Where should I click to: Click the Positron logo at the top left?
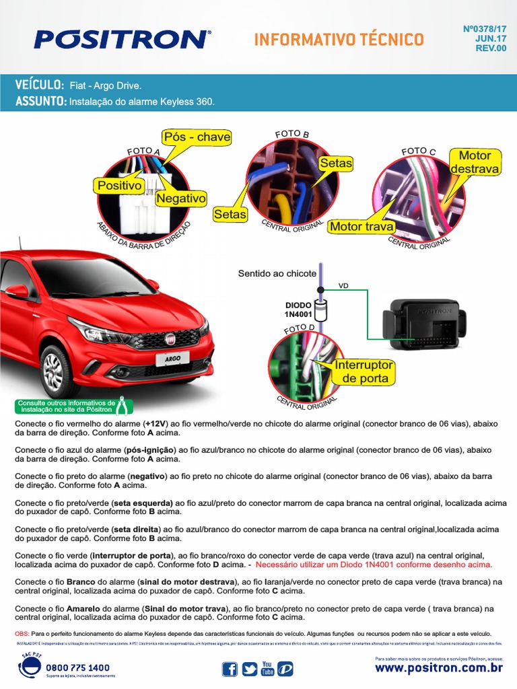[122, 39]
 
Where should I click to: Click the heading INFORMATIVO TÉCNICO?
[339, 40]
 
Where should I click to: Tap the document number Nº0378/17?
[485, 29]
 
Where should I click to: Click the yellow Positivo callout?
[119, 185]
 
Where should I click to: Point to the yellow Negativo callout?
[180, 198]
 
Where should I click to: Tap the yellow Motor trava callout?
[361, 227]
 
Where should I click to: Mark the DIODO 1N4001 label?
[298, 309]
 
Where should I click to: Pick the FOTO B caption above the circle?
[291, 135]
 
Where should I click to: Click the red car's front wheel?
[53, 369]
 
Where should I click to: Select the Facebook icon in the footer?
[230, 669]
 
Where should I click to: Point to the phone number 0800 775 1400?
[77, 667]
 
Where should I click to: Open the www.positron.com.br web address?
[439, 668]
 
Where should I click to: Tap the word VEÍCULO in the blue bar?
[39, 86]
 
